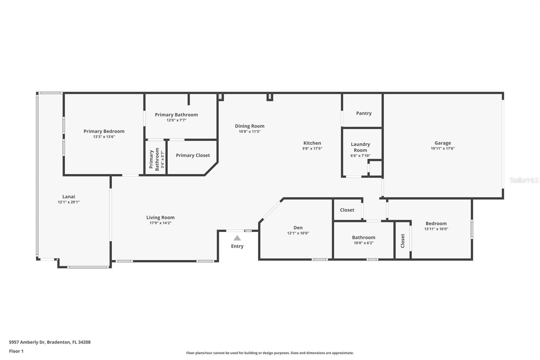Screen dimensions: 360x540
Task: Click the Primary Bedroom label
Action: [104, 131]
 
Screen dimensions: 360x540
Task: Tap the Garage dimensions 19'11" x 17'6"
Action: [442, 148]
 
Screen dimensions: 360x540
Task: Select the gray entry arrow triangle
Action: [237, 238]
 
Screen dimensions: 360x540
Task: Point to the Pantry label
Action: [363, 113]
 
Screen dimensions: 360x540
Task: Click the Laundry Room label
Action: [360, 147]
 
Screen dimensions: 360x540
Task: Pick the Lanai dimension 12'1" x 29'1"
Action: [69, 202]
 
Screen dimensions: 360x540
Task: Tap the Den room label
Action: [298, 228]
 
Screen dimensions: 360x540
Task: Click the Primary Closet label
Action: [193, 155]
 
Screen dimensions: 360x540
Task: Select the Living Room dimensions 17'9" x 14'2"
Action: [160, 223]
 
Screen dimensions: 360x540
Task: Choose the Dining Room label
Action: [249, 126]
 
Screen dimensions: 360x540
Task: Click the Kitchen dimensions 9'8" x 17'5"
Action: [312, 148]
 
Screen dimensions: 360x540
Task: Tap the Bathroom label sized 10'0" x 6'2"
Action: [363, 237]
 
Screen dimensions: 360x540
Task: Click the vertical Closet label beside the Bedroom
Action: [402, 241]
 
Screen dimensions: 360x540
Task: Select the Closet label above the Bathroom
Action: [347, 210]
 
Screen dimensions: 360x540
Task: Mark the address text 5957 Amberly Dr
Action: [27, 342]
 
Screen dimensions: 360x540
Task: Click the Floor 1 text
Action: [16, 351]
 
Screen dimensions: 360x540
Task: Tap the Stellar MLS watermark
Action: [524, 180]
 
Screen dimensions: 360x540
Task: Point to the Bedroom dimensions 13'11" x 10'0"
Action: [436, 229]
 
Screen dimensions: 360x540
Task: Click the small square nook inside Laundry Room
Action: [375, 168]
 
